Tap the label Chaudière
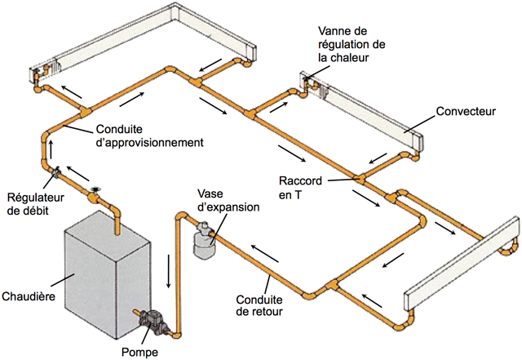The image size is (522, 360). [x=29, y=296]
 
